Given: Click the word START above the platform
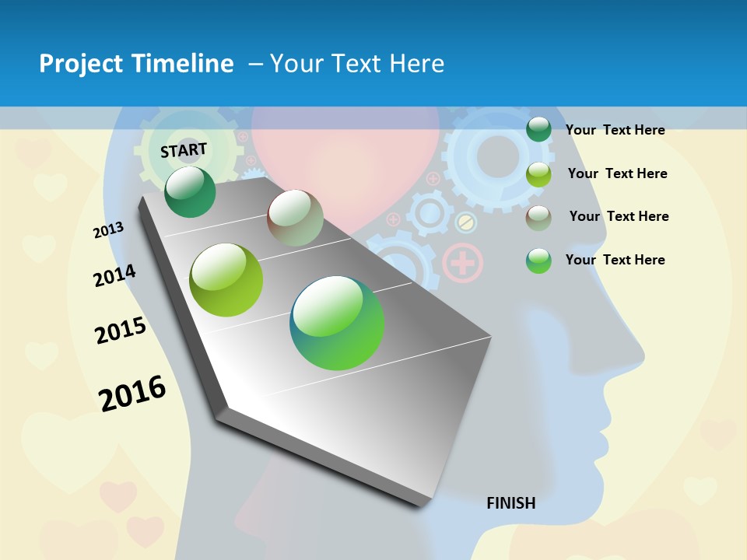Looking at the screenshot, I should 184,150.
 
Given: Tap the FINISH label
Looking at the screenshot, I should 510,503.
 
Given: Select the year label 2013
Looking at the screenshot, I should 108,230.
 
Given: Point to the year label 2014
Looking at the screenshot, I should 114,276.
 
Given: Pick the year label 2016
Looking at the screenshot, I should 132,394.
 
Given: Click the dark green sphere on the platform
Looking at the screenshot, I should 190,191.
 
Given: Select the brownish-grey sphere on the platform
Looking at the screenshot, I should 295,218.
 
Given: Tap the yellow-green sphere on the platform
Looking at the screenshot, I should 226,280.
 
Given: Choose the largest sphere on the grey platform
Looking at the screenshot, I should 337,323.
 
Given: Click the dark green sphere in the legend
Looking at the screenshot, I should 538,129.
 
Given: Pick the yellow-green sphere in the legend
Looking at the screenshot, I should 538,174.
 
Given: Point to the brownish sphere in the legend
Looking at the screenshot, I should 538,217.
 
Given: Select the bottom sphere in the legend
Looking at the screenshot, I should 538,261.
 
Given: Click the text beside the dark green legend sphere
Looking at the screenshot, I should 615,130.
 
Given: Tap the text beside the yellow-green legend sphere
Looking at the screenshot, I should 617,173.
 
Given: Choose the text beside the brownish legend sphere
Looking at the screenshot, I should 619,216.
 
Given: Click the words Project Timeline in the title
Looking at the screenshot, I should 136,64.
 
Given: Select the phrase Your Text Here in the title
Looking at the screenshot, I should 357,64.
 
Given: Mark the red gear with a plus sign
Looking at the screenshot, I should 462,263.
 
